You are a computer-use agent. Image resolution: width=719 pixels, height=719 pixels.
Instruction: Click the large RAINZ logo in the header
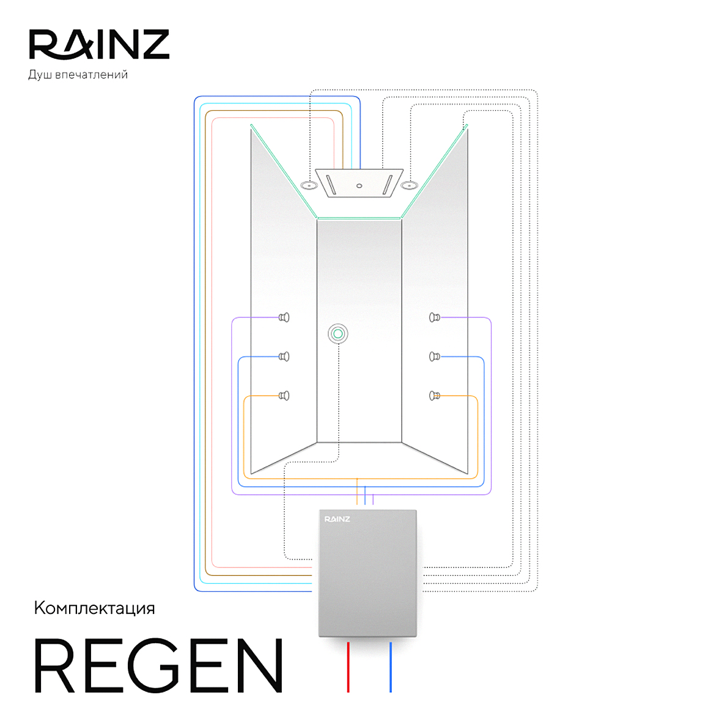tap(99, 45)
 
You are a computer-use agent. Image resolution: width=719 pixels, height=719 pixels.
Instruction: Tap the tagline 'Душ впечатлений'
tap(78, 75)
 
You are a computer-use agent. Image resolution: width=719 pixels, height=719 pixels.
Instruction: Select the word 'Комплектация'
tap(94, 608)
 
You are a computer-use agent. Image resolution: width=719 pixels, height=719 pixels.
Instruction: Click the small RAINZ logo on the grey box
tap(337, 519)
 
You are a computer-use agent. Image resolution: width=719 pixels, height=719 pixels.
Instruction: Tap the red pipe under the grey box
tap(348, 666)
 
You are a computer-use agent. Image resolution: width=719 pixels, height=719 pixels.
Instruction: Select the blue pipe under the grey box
tap(391, 666)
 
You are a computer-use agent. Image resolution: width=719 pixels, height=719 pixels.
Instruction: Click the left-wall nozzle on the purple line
tap(284, 317)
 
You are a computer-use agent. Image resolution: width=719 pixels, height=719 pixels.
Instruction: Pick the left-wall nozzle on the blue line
tap(284, 356)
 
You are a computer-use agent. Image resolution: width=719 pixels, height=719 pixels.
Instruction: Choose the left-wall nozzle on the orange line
tap(284, 396)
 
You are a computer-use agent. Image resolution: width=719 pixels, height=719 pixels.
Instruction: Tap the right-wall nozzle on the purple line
tap(434, 317)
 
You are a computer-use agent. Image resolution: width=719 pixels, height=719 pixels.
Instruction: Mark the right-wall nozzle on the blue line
tap(434, 356)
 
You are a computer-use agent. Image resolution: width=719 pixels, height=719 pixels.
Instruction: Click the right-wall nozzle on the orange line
tap(434, 396)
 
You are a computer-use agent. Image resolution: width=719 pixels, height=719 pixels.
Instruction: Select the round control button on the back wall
tap(337, 334)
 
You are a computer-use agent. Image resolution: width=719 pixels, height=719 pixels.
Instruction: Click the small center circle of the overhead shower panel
tap(359, 186)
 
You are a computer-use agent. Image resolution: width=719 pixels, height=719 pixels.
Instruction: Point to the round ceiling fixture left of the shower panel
tap(309, 185)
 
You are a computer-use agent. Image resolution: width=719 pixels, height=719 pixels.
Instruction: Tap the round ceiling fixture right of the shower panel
tap(408, 185)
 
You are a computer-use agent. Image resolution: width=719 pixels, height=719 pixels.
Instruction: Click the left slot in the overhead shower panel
tap(331, 185)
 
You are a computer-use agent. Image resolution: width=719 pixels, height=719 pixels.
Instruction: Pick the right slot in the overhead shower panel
tap(387, 185)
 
